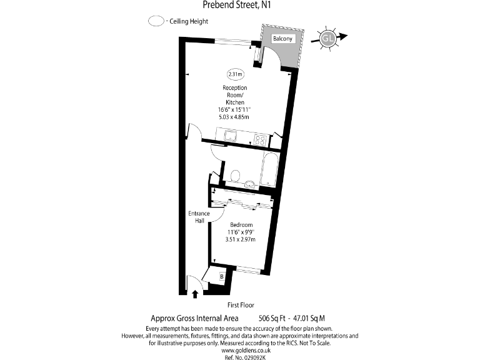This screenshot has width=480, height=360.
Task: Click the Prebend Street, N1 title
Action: (x=239, y=5)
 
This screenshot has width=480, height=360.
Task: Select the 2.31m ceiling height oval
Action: (x=236, y=74)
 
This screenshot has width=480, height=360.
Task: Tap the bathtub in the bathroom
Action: (x=267, y=169)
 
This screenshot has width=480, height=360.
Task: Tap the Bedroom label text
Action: (x=241, y=225)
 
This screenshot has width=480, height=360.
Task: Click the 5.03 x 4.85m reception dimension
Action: (x=234, y=117)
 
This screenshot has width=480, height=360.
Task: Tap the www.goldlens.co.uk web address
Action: (x=240, y=350)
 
